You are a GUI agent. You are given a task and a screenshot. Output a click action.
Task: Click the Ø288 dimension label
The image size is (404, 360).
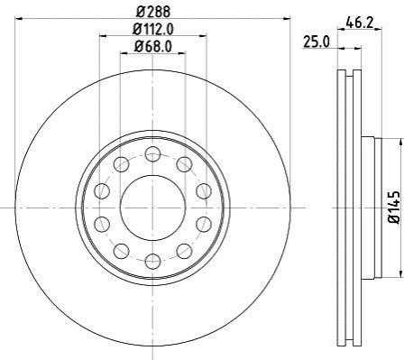coord(153,12)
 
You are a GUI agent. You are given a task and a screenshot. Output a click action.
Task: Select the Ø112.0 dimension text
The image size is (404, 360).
coord(153,29)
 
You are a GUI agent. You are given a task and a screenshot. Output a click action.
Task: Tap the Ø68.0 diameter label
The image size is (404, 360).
coord(153,47)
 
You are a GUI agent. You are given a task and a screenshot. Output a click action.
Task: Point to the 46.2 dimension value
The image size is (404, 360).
coord(360,23)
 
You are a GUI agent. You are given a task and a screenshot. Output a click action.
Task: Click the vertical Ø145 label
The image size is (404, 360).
coord(394,208)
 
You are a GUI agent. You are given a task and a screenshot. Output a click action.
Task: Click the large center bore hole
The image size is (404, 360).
coord(153,208)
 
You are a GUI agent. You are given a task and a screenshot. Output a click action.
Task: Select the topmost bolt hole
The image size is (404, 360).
coord(153,154)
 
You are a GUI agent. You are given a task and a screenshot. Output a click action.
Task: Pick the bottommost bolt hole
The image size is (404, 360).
coord(153,262)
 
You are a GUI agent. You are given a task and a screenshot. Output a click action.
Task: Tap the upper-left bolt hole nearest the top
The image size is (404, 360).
coord(122,164)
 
